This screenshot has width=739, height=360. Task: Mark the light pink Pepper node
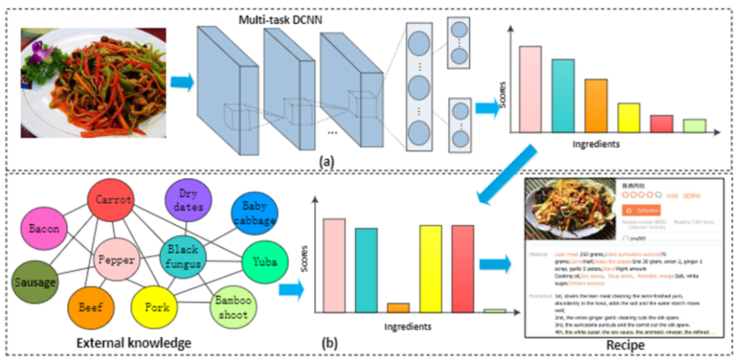[x=117, y=260]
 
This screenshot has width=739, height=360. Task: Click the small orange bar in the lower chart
[x=398, y=308]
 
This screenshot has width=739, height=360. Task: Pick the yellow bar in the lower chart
[x=430, y=269]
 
